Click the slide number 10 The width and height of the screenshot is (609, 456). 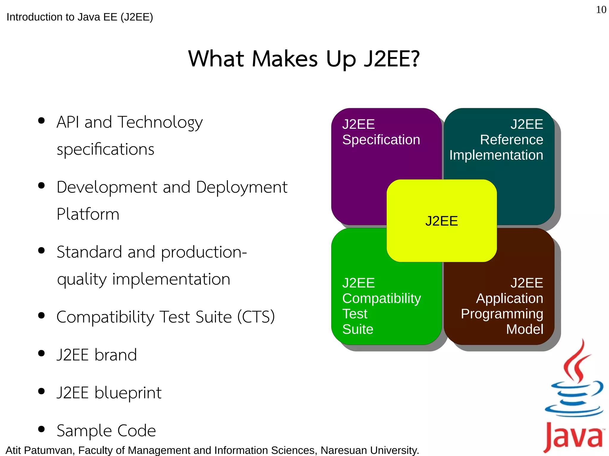pos(601,10)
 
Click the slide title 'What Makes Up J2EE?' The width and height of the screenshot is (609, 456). pos(304,59)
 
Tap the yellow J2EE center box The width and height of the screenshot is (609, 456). pos(442,221)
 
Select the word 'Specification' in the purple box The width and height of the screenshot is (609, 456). pos(381,140)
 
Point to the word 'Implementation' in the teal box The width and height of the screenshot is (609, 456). pos(496,155)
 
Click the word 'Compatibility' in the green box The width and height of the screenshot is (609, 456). pos(382,298)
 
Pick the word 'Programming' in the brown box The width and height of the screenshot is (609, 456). pos(502,314)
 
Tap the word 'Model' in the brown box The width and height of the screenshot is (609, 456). pos(525,329)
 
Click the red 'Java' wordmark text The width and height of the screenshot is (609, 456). pos(573,437)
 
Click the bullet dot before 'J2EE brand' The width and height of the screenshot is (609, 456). pos(42,353)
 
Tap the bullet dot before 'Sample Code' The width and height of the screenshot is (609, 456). pos(42,429)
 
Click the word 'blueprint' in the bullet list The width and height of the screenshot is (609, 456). pos(128,393)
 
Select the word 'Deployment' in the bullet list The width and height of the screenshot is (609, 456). pos(241,187)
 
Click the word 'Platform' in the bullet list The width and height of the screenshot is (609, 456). pos(88,214)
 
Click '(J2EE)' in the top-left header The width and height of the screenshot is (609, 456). pos(137,17)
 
